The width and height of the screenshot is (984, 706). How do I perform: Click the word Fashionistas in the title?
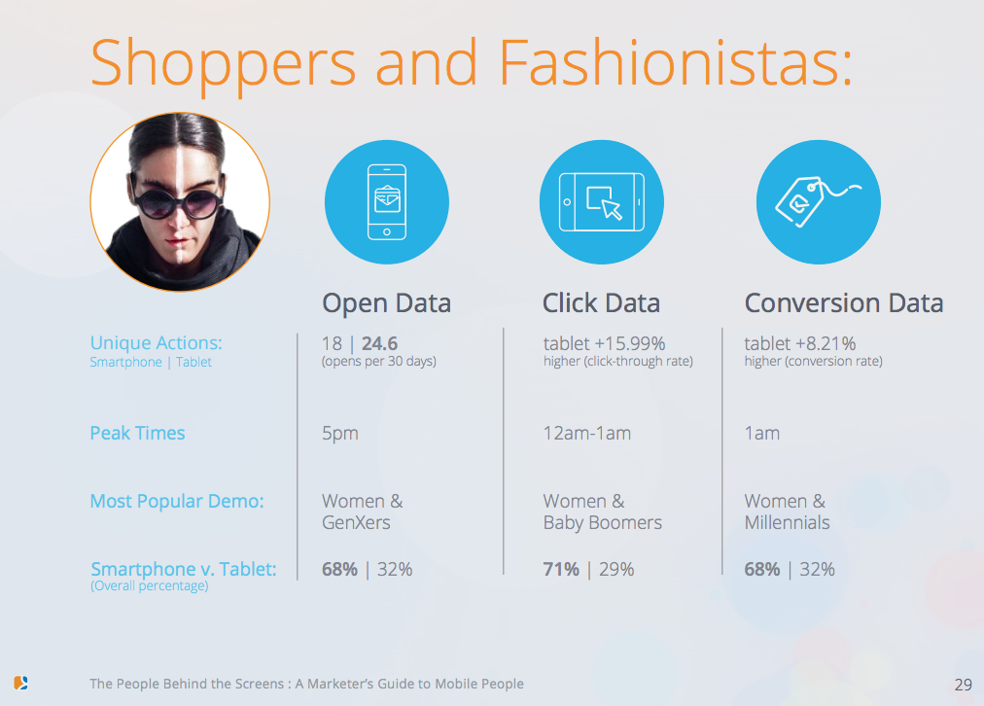(676, 62)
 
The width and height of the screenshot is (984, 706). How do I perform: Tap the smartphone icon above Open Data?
(387, 202)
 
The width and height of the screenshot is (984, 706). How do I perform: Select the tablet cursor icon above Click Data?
(602, 202)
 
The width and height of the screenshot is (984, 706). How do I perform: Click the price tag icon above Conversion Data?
(818, 201)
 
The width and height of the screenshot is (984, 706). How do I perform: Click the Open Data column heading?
(387, 303)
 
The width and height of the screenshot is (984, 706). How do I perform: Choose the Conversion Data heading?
(844, 303)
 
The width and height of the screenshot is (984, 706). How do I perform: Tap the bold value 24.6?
(379, 344)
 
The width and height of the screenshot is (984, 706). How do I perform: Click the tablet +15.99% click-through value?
(605, 344)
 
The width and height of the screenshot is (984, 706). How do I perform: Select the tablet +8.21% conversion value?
(800, 344)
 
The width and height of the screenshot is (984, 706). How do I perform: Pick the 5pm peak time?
(340, 434)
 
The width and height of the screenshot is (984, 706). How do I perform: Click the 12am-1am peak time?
(587, 433)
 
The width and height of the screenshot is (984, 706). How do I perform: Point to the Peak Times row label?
(137, 433)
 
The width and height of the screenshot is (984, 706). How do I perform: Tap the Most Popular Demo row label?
(177, 501)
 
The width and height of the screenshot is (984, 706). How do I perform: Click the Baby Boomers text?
(603, 523)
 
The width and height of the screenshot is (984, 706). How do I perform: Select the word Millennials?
(787, 522)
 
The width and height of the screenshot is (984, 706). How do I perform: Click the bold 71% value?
(561, 569)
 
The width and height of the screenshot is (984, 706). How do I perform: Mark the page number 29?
(964, 685)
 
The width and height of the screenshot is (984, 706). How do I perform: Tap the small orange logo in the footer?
(20, 683)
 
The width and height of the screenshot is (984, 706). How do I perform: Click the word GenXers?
(356, 522)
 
